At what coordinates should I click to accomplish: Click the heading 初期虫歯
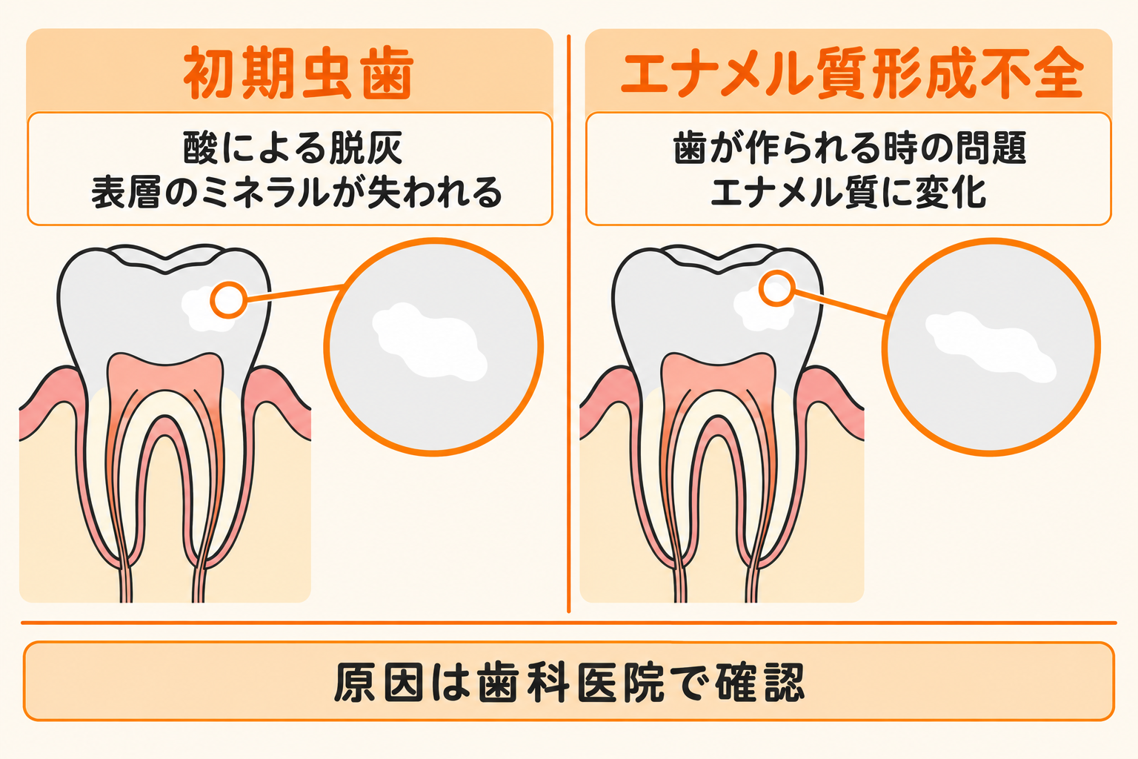click(299, 73)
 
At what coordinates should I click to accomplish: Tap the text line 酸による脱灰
click(293, 148)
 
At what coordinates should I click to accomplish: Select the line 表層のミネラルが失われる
click(296, 193)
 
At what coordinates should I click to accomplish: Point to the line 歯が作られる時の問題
click(850, 148)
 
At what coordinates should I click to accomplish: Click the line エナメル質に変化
click(848, 193)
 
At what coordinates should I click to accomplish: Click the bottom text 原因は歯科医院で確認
click(569, 682)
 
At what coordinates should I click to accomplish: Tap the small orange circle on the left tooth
click(229, 300)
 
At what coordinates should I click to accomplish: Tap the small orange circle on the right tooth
click(776, 288)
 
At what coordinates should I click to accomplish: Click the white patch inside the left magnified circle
click(430, 341)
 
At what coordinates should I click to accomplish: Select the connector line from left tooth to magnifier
click(295, 294)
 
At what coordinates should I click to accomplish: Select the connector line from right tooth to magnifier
click(839, 305)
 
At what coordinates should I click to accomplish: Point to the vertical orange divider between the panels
click(568, 324)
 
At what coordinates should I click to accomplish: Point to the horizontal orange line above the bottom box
click(569, 623)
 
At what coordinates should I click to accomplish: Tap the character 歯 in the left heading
click(387, 73)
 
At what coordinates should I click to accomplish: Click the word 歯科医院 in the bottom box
click(570, 682)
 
